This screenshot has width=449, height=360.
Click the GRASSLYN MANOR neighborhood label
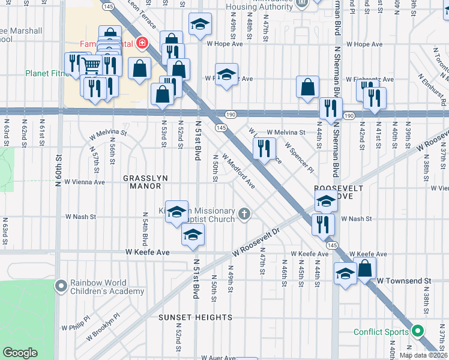pos(142,182)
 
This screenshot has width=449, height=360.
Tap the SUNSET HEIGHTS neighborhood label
pos(195,317)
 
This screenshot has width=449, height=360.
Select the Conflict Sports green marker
pos(418,331)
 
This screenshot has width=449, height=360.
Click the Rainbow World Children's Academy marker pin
pos(61,286)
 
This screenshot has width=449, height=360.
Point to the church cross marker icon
pos(244,213)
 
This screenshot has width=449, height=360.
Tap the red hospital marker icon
pos(142,43)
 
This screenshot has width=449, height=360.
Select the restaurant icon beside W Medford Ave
pos(264,148)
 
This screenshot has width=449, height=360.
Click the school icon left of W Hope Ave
pos(200,24)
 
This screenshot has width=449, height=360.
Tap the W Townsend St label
pos(403,280)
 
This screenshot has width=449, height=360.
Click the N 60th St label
pos(58,171)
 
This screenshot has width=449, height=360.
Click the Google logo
pos(20,353)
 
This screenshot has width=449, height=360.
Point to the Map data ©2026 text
pos(423,355)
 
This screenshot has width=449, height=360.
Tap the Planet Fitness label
pos(43,74)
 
